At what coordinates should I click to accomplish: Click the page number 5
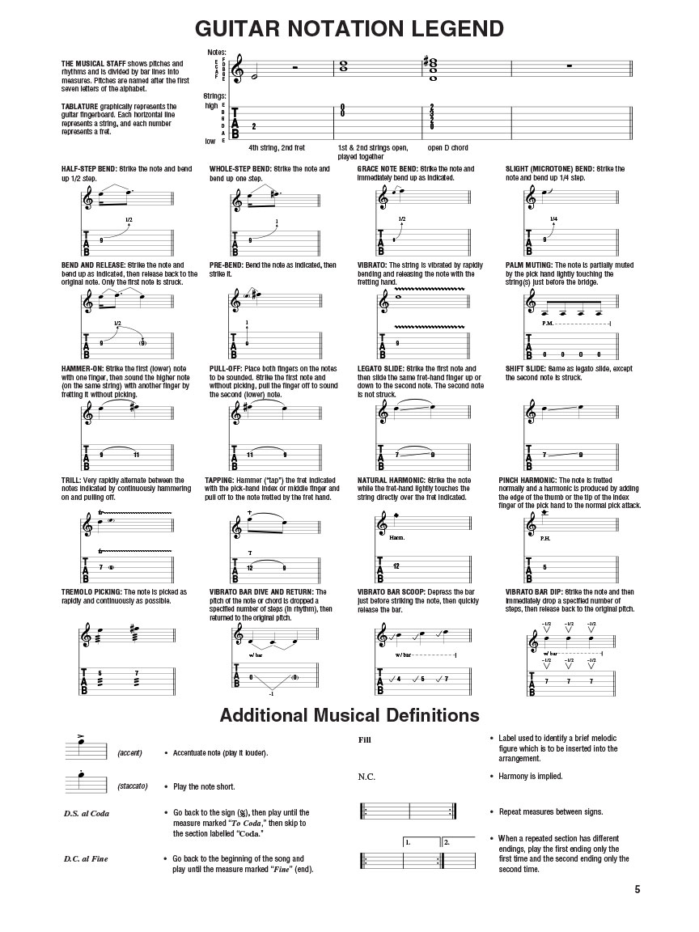(638, 889)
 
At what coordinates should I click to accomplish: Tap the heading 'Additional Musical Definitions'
(349, 715)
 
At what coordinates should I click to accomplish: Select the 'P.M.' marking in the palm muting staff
(548, 323)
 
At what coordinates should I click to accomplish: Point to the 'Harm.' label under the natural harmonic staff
(396, 537)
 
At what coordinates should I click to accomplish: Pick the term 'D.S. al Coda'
(86, 813)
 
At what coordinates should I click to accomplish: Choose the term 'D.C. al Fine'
(86, 858)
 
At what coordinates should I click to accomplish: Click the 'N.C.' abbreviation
(367, 777)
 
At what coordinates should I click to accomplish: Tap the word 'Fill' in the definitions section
(365, 739)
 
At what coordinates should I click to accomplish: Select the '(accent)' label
(129, 753)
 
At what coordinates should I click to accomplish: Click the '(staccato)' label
(132, 786)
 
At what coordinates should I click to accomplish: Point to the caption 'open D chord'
(447, 148)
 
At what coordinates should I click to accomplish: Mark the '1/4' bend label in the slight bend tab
(553, 219)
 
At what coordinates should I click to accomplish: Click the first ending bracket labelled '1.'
(409, 842)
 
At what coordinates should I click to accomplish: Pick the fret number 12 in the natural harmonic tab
(396, 566)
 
